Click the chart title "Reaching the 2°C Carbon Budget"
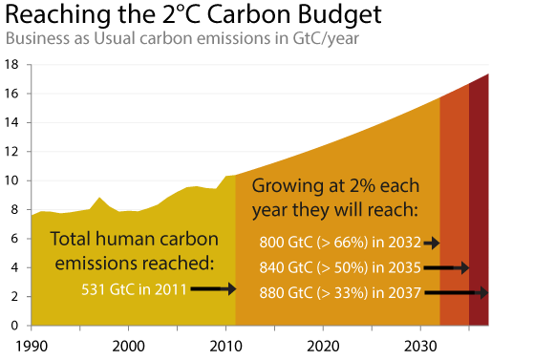tap(193, 14)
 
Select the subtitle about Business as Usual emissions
tap(182, 38)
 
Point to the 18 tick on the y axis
tap(11, 64)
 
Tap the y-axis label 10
tap(11, 180)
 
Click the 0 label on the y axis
tap(14, 326)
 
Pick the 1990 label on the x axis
tap(32, 346)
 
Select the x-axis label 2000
tap(129, 346)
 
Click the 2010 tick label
tap(225, 346)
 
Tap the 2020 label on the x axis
tap(323, 346)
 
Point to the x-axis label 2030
tap(420, 346)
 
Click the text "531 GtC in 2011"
tap(134, 289)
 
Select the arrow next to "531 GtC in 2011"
tap(213, 289)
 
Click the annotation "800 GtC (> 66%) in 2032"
tap(340, 243)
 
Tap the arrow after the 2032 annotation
tap(432, 244)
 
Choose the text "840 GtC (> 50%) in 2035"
tap(340, 267)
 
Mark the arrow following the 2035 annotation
tap(446, 268)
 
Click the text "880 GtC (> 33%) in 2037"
tap(340, 292)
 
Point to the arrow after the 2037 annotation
tap(457, 292)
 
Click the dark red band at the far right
tap(479, 204)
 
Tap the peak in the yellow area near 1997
tap(99, 198)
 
